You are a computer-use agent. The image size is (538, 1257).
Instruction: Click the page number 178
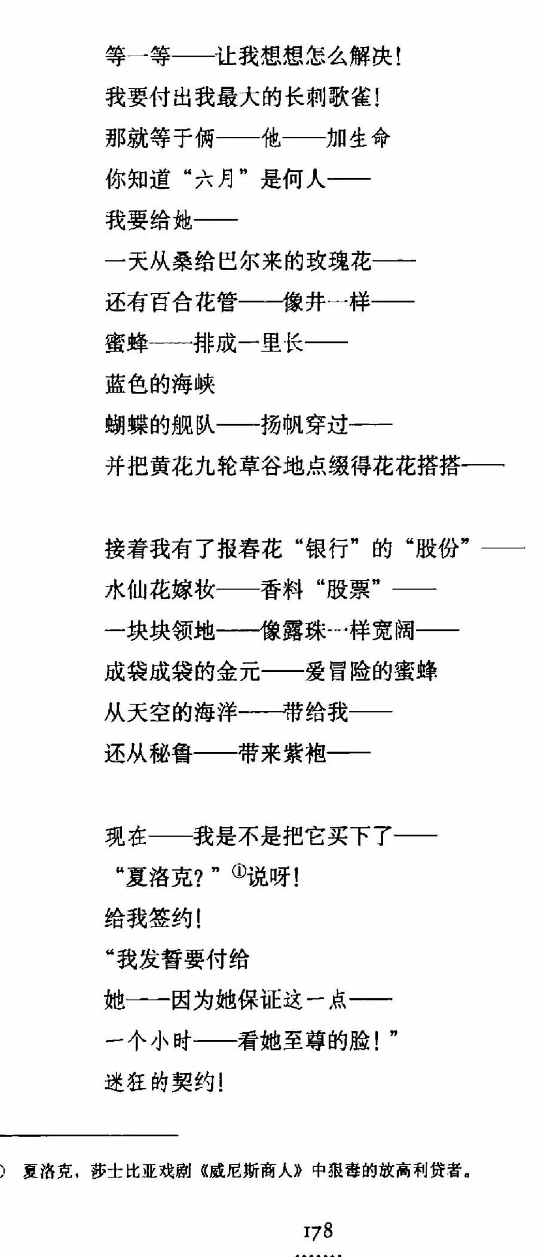(317, 1230)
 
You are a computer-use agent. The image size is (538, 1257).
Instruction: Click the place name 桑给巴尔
(216, 261)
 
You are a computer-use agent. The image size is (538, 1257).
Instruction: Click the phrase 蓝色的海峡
(160, 384)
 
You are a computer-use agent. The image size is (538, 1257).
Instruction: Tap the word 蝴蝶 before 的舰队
(127, 425)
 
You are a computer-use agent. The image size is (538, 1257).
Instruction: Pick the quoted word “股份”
(437, 548)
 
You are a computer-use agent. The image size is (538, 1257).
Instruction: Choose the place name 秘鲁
(171, 753)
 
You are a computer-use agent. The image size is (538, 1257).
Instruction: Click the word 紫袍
(305, 753)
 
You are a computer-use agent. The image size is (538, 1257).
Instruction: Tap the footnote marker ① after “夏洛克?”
(239, 873)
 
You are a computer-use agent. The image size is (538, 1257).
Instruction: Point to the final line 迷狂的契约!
(164, 1082)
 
